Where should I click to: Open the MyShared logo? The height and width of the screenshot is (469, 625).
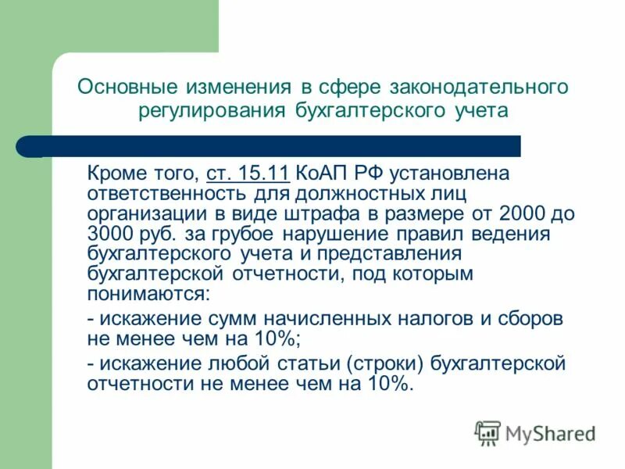point(536,432)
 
